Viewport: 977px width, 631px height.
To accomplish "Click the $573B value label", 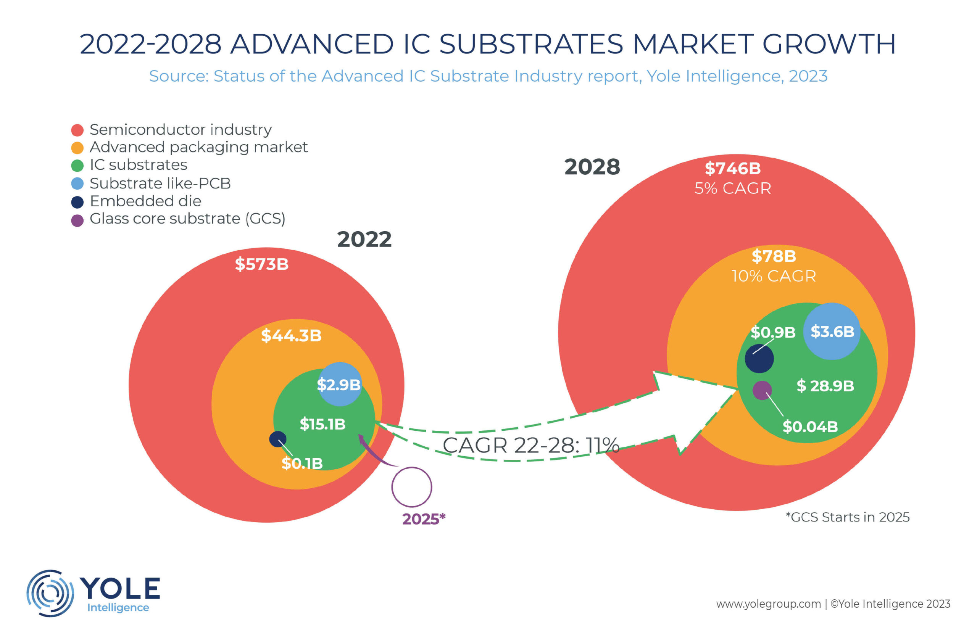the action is (x=261, y=264).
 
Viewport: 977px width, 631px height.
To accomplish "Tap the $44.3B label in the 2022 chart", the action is (x=291, y=336).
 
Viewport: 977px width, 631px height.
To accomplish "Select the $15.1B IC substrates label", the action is (x=322, y=424).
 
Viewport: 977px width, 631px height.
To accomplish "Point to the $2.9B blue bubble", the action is (x=340, y=384).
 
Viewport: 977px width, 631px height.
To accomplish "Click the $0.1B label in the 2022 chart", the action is (x=302, y=464).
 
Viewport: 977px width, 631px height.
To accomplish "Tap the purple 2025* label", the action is (x=423, y=519).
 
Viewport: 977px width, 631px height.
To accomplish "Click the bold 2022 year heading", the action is (x=364, y=239).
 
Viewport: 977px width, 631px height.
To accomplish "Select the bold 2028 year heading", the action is (x=592, y=167).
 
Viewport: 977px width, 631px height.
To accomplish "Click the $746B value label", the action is (x=732, y=168).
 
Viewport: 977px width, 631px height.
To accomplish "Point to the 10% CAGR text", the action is (x=773, y=276).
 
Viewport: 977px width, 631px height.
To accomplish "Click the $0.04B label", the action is (x=810, y=427).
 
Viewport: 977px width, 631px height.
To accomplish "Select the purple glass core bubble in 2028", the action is (x=762, y=390).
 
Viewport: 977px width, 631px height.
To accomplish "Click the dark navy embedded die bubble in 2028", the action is (x=759, y=359).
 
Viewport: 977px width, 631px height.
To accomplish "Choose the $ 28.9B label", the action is (x=825, y=386).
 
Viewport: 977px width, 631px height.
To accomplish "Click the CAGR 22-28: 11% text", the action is (x=531, y=445).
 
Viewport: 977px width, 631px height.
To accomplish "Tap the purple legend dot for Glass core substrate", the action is (x=77, y=221).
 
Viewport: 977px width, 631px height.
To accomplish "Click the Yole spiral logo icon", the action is (x=50, y=593).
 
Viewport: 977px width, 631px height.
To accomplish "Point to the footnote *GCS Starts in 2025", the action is (x=847, y=517).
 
